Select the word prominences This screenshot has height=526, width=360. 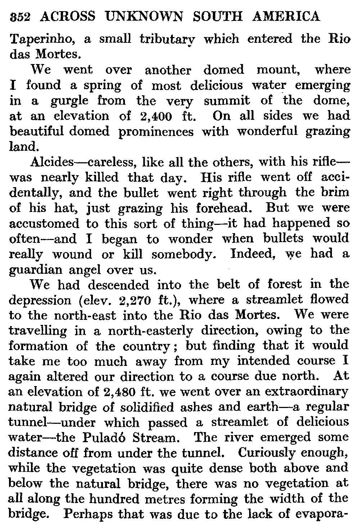[156, 132]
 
